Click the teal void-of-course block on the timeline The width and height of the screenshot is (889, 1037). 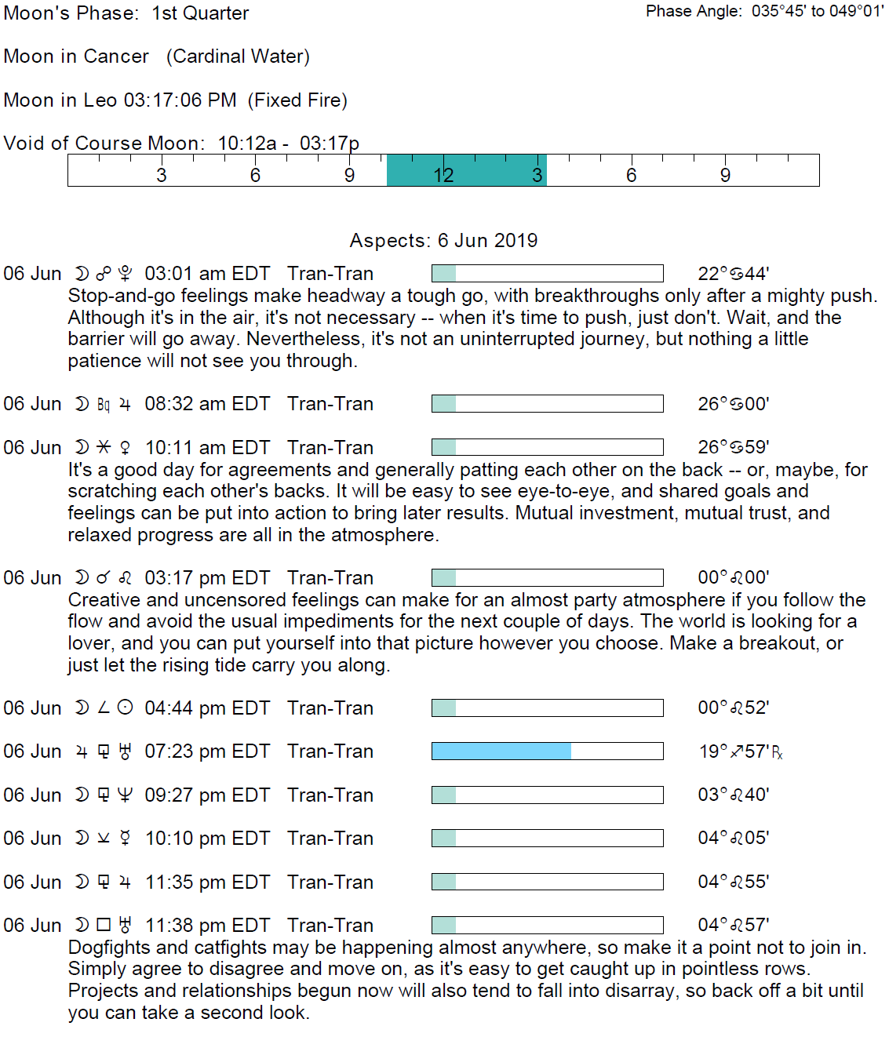(466, 170)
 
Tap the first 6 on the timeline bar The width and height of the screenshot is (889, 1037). (255, 175)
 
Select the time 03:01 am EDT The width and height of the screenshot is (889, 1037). (207, 274)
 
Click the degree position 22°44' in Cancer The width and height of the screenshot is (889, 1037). (733, 274)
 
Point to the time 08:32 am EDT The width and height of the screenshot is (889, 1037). (207, 404)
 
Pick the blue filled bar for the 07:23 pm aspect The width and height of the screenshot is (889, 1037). (501, 751)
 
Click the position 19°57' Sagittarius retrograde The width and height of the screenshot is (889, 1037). (740, 751)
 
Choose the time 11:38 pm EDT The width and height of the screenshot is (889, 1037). (207, 926)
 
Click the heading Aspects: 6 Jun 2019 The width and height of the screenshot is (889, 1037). (443, 240)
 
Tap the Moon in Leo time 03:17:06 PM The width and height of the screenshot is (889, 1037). (180, 100)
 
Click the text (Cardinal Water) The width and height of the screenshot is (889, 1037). (238, 56)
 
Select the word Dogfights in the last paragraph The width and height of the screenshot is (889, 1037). (107, 948)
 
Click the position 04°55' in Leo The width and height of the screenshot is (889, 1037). (733, 882)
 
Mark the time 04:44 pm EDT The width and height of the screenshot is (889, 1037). (207, 708)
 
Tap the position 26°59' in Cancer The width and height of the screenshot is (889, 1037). (733, 447)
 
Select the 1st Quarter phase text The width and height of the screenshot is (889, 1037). (200, 13)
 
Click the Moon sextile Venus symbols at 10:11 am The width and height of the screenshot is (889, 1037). (103, 447)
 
